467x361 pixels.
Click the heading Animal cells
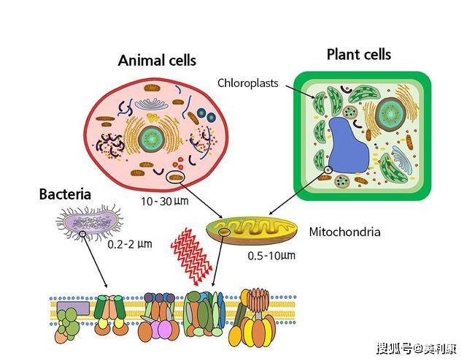click(x=157, y=61)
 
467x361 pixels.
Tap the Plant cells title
click(x=359, y=55)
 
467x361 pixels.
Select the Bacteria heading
click(x=65, y=194)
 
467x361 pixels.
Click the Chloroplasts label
click(x=248, y=83)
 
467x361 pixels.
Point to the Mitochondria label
click(x=344, y=232)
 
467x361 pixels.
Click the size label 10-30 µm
click(x=165, y=202)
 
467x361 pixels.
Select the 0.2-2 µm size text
click(x=130, y=244)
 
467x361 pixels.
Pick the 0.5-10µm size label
click(x=271, y=256)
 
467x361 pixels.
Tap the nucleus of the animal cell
click(x=152, y=139)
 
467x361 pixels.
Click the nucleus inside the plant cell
click(x=390, y=114)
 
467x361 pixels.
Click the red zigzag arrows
click(x=191, y=255)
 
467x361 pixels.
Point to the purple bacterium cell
click(x=89, y=222)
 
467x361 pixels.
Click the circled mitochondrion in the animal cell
click(x=176, y=178)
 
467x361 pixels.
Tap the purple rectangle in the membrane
click(x=73, y=308)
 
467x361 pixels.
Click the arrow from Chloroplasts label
click(x=300, y=92)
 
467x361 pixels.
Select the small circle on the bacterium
click(x=82, y=234)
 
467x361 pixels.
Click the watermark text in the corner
click(x=417, y=348)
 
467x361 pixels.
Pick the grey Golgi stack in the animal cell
click(x=151, y=104)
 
